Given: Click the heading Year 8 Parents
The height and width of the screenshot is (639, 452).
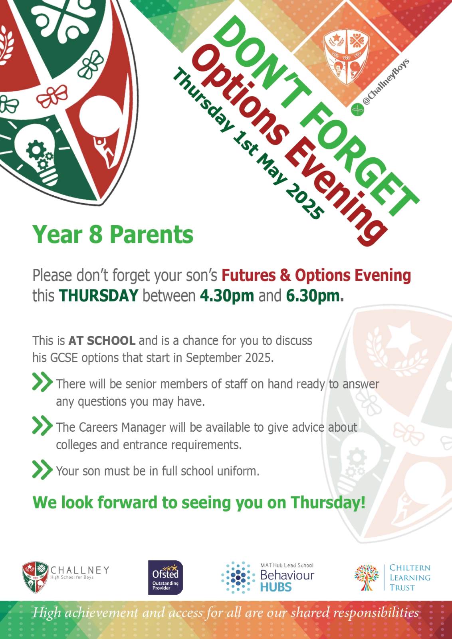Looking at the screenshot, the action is [113, 234].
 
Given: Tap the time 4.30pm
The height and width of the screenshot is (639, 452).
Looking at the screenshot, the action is [227, 296].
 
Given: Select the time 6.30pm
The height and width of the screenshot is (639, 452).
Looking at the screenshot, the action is [315, 296].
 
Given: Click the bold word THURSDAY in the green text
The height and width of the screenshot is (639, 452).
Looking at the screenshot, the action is [98, 295].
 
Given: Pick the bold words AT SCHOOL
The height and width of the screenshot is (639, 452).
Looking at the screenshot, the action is [102, 341].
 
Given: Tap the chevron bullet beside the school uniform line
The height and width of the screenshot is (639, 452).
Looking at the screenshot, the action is [42, 470].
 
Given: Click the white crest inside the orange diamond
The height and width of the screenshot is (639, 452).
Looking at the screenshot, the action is [346, 58].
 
